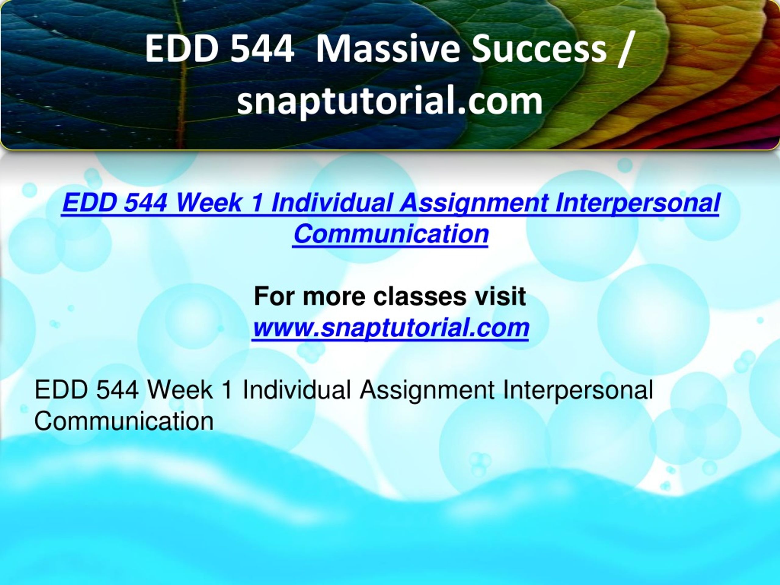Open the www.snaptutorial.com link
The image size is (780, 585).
tap(391, 328)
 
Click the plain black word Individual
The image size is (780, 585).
tap(296, 390)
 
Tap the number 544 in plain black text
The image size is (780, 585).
tap(117, 390)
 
